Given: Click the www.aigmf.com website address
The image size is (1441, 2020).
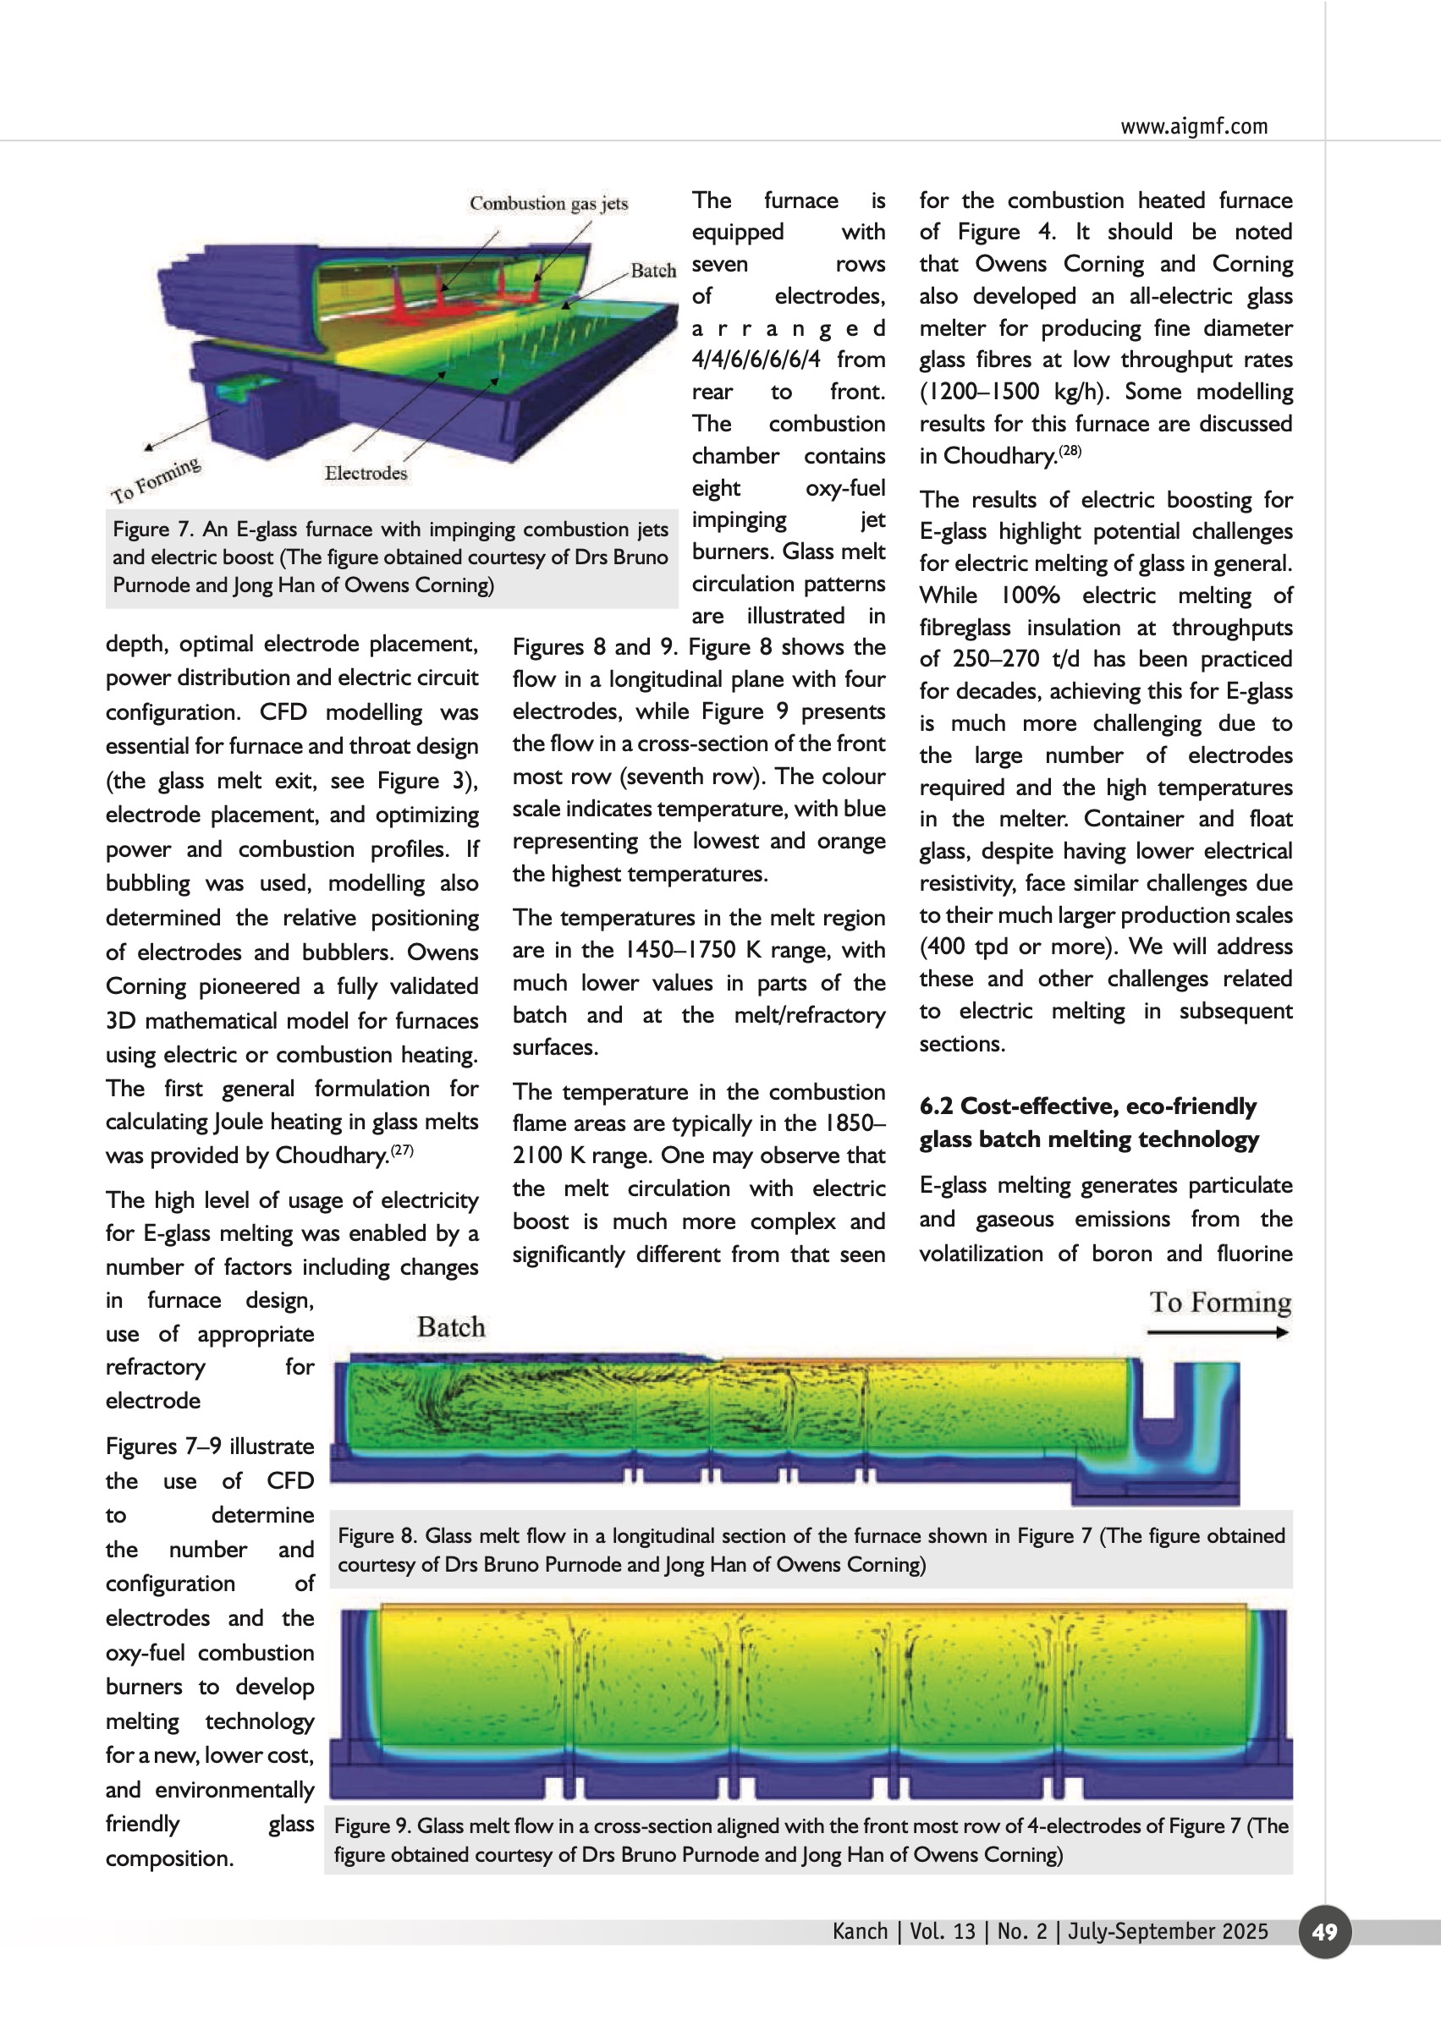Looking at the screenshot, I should [1193, 126].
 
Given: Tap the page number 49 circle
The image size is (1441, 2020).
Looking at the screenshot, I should [1324, 1931].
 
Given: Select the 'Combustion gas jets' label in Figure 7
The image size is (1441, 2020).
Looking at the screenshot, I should [548, 203].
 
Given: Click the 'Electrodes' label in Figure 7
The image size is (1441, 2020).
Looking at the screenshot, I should [366, 473].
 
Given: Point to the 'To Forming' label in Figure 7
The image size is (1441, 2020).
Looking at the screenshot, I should [157, 480].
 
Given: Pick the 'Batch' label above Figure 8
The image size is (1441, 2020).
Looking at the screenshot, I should [451, 1327].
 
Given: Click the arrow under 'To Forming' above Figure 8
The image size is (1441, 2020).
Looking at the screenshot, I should [1218, 1332].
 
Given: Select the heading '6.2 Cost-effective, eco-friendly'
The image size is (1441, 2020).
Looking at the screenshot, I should [1088, 1106].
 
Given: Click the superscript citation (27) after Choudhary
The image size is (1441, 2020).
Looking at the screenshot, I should [402, 1150].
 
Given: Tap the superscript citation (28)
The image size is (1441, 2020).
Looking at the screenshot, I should [1070, 451].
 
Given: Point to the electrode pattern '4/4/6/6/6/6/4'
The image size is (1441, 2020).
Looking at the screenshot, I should [756, 360].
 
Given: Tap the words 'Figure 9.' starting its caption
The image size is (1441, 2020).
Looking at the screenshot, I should [371, 1825].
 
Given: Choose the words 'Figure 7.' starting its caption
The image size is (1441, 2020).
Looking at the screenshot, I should [152, 530].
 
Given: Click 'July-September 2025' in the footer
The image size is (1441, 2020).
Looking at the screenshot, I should [1168, 1931].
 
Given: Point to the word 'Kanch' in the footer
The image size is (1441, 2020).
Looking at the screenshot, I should [859, 1931].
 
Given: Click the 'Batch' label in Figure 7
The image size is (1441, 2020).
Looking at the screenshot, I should [653, 271].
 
